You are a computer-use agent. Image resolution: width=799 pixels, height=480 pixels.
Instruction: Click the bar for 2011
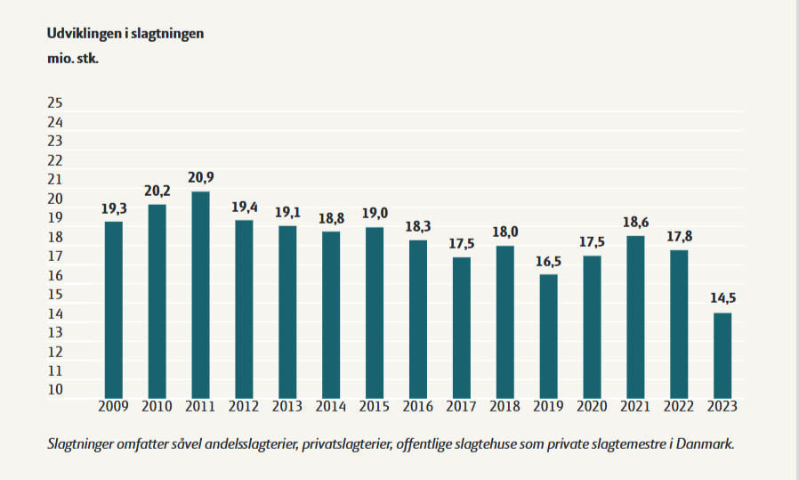[201, 294]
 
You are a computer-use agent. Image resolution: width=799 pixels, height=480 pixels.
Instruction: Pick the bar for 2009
[114, 309]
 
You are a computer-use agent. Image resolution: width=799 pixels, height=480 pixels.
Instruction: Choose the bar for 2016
[418, 318]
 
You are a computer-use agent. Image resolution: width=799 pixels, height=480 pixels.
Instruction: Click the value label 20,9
[201, 177]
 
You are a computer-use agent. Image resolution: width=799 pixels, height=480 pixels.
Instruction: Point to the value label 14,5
[722, 298]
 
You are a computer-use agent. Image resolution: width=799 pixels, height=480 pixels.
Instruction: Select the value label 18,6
[635, 221]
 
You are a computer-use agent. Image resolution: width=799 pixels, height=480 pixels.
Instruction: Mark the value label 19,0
[375, 213]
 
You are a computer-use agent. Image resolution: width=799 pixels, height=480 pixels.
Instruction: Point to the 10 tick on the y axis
[55, 389]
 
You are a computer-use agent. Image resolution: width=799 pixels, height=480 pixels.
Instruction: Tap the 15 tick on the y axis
[55, 294]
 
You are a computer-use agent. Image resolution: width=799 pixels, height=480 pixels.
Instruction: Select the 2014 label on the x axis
[331, 407]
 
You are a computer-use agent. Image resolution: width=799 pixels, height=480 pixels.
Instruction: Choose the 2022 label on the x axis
[679, 407]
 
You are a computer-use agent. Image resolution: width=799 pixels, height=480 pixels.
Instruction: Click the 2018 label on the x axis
[505, 407]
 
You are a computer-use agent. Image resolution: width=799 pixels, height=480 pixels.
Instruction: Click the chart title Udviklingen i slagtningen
[125, 33]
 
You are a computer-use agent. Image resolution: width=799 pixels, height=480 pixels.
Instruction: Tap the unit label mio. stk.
[72, 61]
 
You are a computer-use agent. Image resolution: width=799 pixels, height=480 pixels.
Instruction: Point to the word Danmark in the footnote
[708, 443]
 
